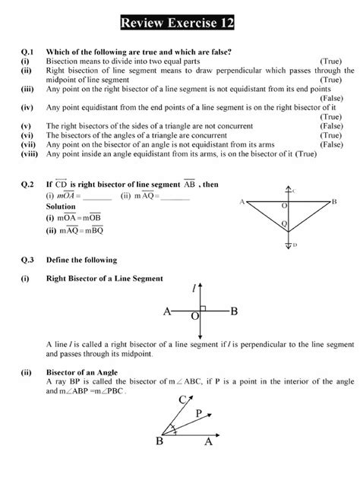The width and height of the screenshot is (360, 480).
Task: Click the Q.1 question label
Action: (29, 51)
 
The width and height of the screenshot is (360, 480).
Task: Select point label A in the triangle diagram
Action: (241, 202)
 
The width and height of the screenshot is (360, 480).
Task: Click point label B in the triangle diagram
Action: (333, 201)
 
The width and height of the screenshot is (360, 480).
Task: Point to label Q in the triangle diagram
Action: (284, 224)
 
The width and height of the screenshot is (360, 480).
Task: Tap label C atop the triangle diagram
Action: (294, 191)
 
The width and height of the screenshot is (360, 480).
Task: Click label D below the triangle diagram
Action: (294, 245)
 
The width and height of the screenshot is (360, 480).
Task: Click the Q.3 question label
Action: (29, 259)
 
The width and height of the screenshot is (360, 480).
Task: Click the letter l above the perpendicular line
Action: (197, 288)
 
